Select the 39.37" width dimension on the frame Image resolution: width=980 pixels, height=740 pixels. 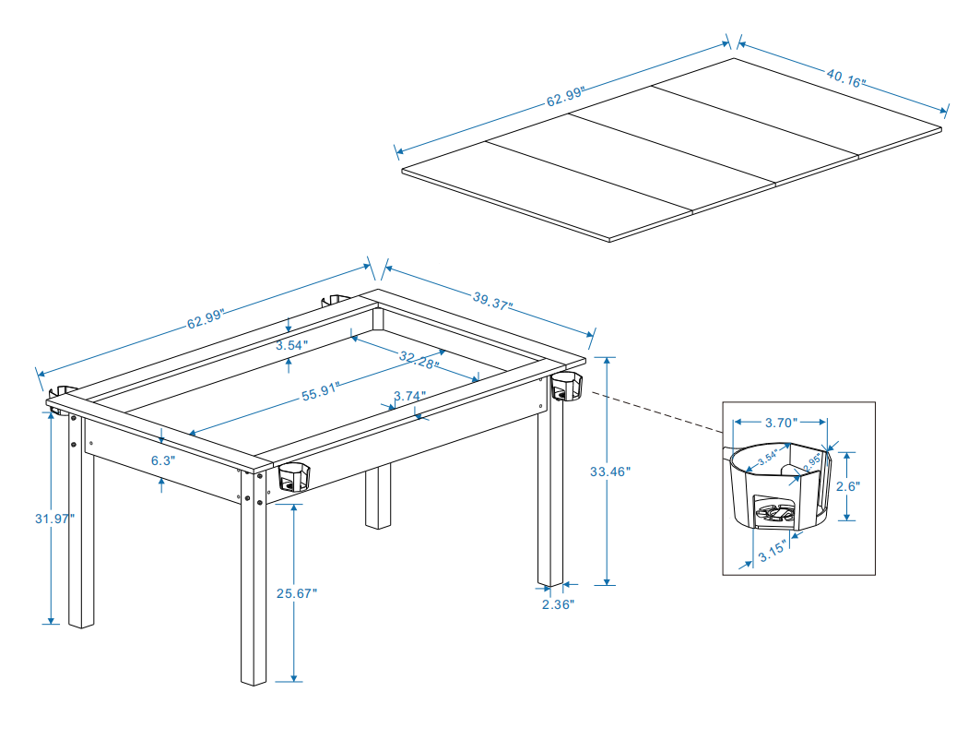click(493, 301)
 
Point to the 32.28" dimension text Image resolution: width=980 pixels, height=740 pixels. click(419, 358)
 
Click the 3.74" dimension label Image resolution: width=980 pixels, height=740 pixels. click(409, 396)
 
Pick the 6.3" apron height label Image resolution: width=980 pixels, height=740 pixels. click(162, 459)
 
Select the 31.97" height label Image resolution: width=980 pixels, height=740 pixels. click(52, 519)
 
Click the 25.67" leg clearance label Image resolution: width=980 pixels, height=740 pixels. click(296, 593)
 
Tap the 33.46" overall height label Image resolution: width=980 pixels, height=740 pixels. click(608, 471)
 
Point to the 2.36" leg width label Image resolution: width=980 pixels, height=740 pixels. click(557, 604)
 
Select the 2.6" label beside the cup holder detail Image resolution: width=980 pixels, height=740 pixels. click(847, 486)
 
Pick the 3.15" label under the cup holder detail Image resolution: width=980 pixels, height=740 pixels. click(772, 555)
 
